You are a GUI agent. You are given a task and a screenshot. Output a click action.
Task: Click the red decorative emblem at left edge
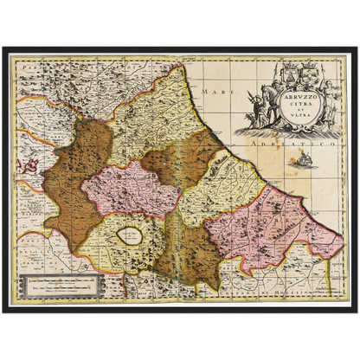[28, 163]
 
